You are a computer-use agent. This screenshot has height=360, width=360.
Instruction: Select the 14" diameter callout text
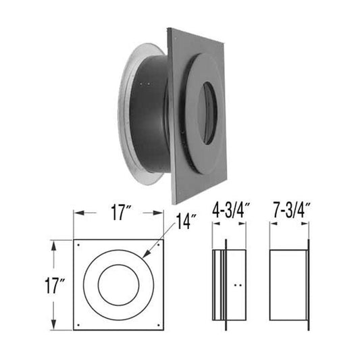[186, 222]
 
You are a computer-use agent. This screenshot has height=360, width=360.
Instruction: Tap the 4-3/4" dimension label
[231, 210]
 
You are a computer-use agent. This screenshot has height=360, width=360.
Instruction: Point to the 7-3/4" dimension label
[292, 210]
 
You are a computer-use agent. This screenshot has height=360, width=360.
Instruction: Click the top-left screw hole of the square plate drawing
[79, 245]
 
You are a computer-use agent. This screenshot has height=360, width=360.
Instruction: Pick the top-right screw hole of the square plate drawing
[159, 245]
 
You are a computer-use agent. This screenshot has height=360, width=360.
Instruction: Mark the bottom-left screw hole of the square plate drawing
[79, 325]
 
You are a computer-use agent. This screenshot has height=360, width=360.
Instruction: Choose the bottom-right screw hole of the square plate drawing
[159, 325]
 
